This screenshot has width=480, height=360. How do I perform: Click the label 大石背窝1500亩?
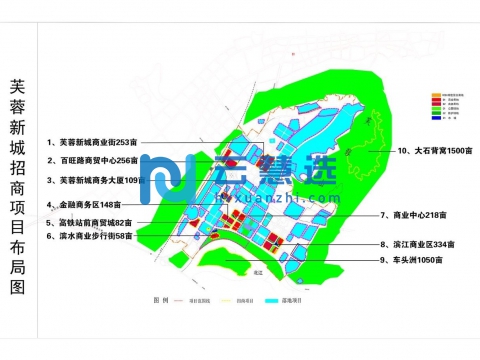coord(436,150)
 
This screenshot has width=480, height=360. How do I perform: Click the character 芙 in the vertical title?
coord(17,88)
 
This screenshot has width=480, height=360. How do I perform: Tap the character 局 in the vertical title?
coord(17,263)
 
